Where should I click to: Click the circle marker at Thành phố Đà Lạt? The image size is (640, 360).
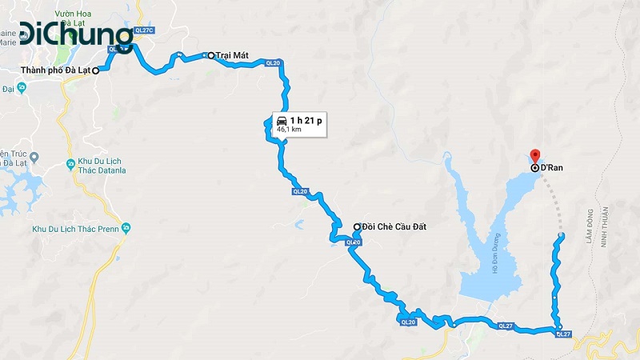click(95, 70)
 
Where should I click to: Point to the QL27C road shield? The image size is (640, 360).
click(144, 30)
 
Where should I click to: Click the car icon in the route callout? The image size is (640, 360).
click(282, 120)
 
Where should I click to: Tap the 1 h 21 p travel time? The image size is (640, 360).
click(306, 120)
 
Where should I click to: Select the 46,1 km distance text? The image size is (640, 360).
click(290, 129)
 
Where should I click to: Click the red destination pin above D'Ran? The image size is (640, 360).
click(535, 156)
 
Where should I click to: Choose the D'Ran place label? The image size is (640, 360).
click(552, 168)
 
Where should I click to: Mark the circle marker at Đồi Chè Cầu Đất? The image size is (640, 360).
click(357, 227)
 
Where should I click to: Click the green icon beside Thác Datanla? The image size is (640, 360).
click(70, 164)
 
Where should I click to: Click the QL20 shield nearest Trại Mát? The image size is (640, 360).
click(272, 63)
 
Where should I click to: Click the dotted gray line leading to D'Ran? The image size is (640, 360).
click(553, 200)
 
